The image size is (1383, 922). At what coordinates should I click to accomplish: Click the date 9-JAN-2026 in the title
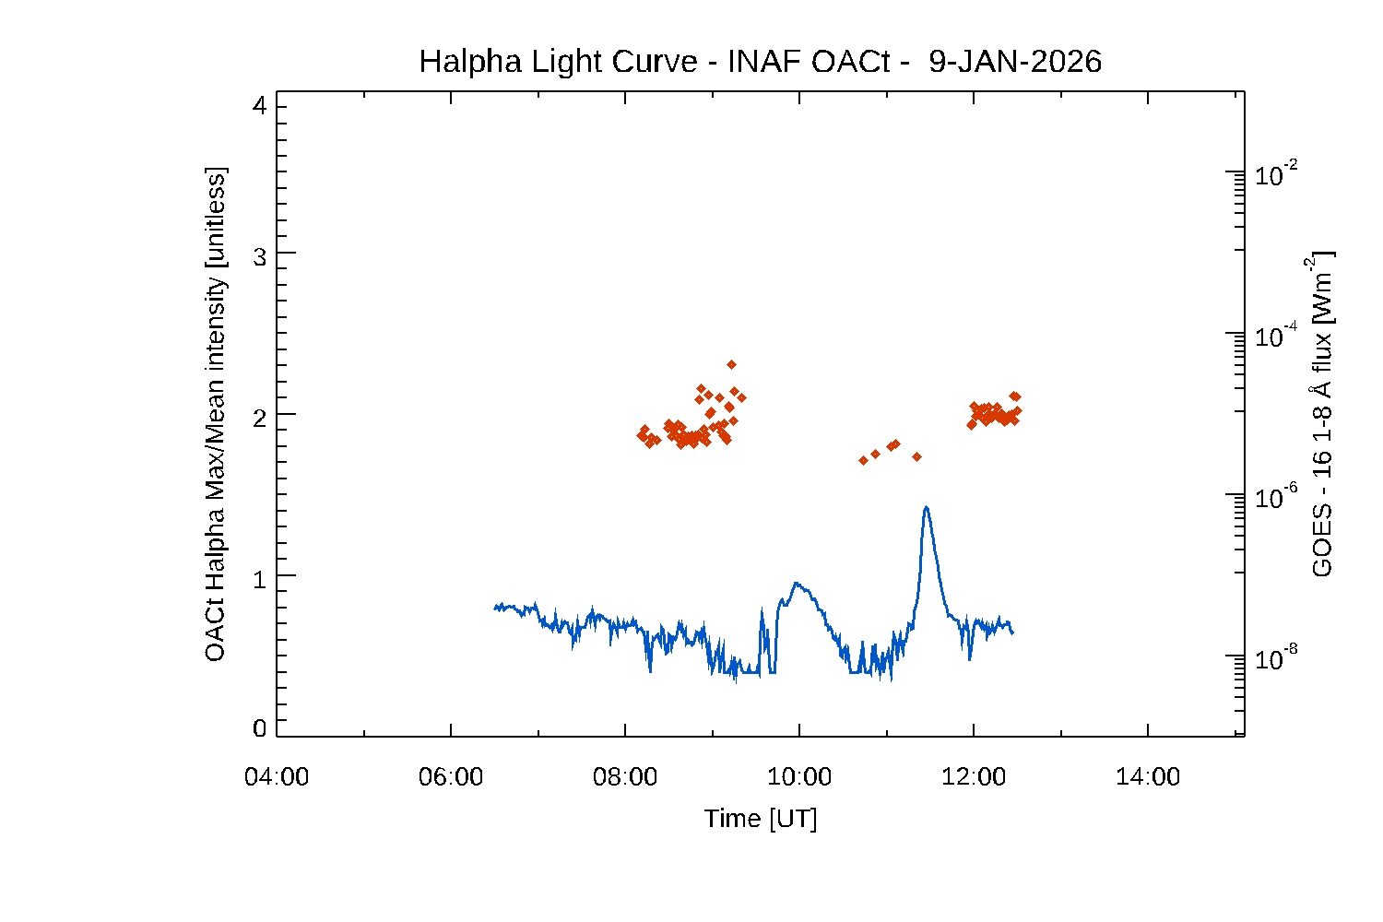1015,62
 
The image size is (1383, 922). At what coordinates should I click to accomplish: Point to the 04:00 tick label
277,777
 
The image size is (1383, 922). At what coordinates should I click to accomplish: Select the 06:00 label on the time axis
451,777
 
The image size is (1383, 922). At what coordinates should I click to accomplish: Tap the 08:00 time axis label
625,777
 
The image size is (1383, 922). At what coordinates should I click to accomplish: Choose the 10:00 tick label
799,777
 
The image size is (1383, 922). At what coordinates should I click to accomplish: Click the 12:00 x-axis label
974,777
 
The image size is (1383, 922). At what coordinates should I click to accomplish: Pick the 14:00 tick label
1148,777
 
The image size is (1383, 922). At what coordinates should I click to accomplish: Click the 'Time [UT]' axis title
761,819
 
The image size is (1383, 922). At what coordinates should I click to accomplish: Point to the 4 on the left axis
259,106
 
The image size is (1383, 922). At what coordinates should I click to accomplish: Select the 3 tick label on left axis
259,257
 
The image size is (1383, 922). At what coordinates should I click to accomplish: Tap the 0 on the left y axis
259,728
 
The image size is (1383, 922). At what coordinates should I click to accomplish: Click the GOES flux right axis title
1322,415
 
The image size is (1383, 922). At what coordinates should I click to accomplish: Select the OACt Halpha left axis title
215,415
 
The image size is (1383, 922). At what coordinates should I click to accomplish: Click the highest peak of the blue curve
926,506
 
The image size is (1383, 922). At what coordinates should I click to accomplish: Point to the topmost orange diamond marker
731,364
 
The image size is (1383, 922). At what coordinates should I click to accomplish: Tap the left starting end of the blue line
495,607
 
